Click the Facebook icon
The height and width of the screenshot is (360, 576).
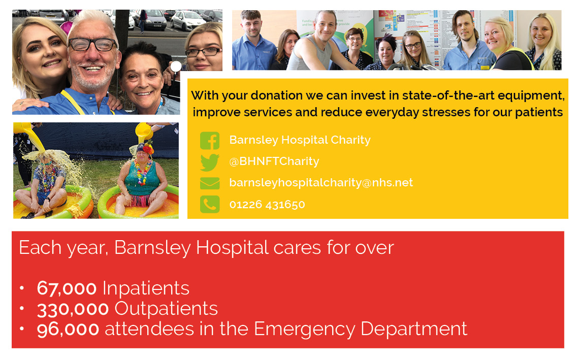point(210,141)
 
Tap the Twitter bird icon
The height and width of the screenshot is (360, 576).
point(210,162)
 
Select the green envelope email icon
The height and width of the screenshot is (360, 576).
point(210,183)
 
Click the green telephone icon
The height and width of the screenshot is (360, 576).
point(210,204)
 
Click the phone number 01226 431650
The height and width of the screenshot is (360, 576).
point(267,205)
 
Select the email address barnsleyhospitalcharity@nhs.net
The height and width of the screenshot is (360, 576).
point(321,183)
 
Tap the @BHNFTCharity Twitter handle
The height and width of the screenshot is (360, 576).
point(274,161)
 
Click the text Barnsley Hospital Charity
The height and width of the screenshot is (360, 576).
point(300,140)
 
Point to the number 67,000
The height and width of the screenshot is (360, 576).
point(67,288)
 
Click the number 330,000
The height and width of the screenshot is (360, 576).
point(73,309)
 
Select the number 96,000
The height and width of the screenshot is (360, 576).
point(68,329)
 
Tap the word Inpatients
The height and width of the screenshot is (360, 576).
point(146,288)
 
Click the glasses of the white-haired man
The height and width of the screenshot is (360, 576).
point(92,45)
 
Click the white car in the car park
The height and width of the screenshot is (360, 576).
point(188,21)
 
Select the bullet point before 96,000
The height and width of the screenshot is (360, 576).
point(22,329)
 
